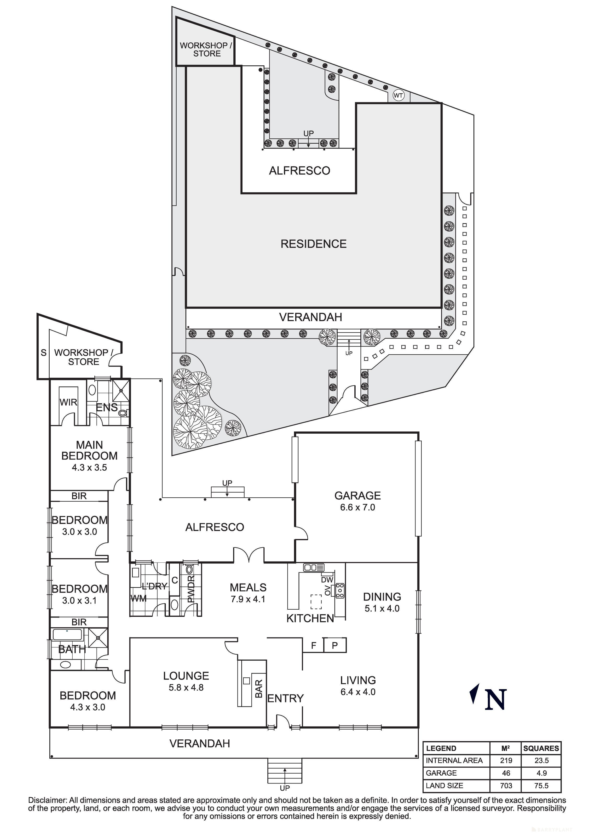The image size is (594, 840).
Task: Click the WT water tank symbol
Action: pos(398,96)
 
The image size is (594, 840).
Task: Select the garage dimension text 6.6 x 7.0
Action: pos(357,507)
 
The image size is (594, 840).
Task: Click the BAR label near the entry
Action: pos(259,689)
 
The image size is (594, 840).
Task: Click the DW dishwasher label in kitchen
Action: pos(327,580)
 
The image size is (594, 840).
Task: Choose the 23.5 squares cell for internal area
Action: pos(541,761)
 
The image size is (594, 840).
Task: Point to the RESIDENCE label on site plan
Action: pos(313,244)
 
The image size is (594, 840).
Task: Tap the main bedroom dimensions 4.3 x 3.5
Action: pos(89,468)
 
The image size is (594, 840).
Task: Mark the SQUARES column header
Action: pos(541,748)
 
